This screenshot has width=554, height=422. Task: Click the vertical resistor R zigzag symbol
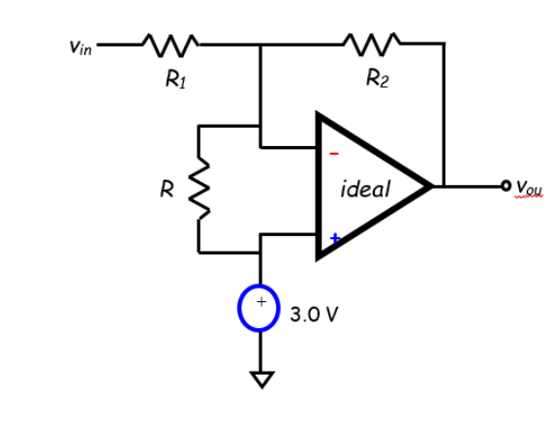point(200,188)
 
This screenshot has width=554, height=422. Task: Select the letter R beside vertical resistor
point(167,189)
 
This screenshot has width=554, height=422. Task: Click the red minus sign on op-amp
point(335,153)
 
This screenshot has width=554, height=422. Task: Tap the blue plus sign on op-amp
point(335,236)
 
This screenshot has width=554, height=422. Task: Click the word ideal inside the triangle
point(366,189)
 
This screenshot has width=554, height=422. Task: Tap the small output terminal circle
point(505,185)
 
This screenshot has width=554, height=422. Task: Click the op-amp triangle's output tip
point(430,185)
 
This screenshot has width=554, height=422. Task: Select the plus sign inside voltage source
point(260,303)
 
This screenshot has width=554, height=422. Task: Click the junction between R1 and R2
point(260,45)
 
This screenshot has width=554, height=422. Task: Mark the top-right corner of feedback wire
point(444,45)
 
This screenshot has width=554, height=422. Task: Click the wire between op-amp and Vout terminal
point(470,185)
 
